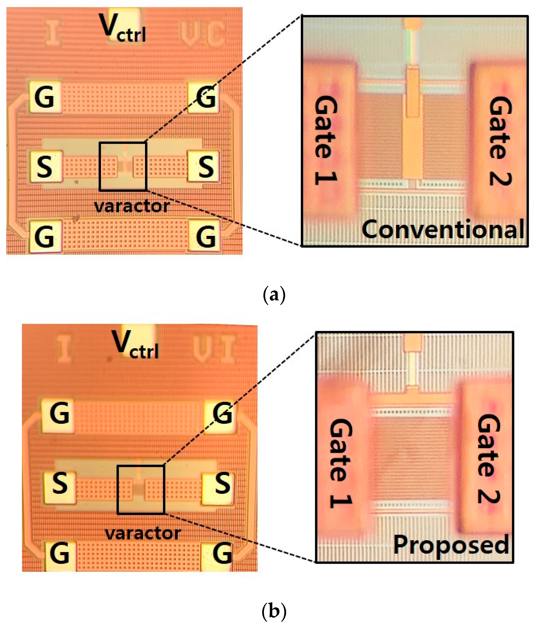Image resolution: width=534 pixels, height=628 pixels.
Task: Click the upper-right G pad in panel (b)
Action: click(222, 413)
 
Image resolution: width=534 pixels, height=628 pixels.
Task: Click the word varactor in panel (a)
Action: click(132, 207)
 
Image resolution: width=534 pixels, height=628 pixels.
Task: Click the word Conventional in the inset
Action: click(443, 230)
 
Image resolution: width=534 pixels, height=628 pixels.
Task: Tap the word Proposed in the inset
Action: click(451, 545)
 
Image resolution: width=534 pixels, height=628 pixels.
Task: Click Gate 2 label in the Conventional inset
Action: click(500, 141)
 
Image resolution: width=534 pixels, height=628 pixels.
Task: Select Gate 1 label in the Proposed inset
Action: click(340, 463)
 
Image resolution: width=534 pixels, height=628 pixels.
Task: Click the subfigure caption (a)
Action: click(274, 294)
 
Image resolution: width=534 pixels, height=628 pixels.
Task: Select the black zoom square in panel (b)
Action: click(141, 490)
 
